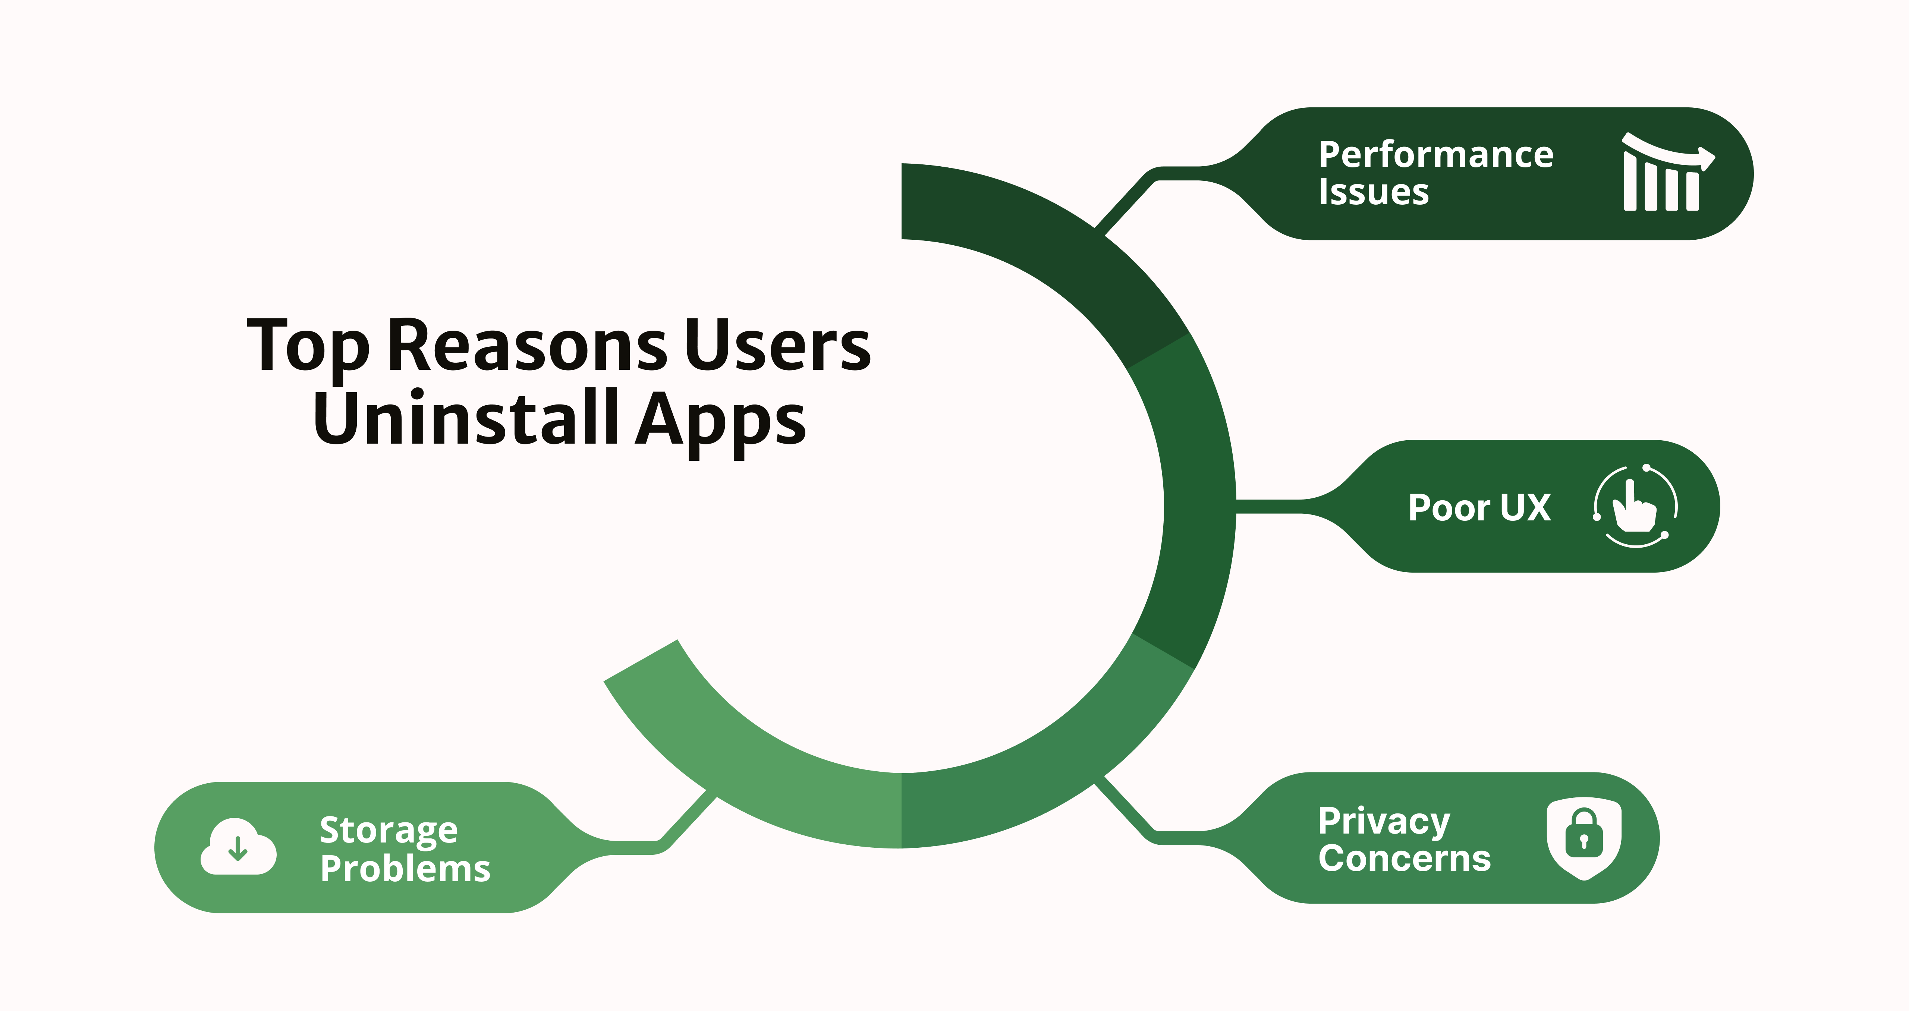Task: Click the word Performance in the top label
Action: coord(1435,155)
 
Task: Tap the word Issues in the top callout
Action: coord(1373,192)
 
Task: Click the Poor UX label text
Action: coord(1479,508)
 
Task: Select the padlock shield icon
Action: coord(1584,838)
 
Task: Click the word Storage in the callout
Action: coord(388,830)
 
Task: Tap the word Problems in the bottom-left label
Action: coord(405,869)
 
